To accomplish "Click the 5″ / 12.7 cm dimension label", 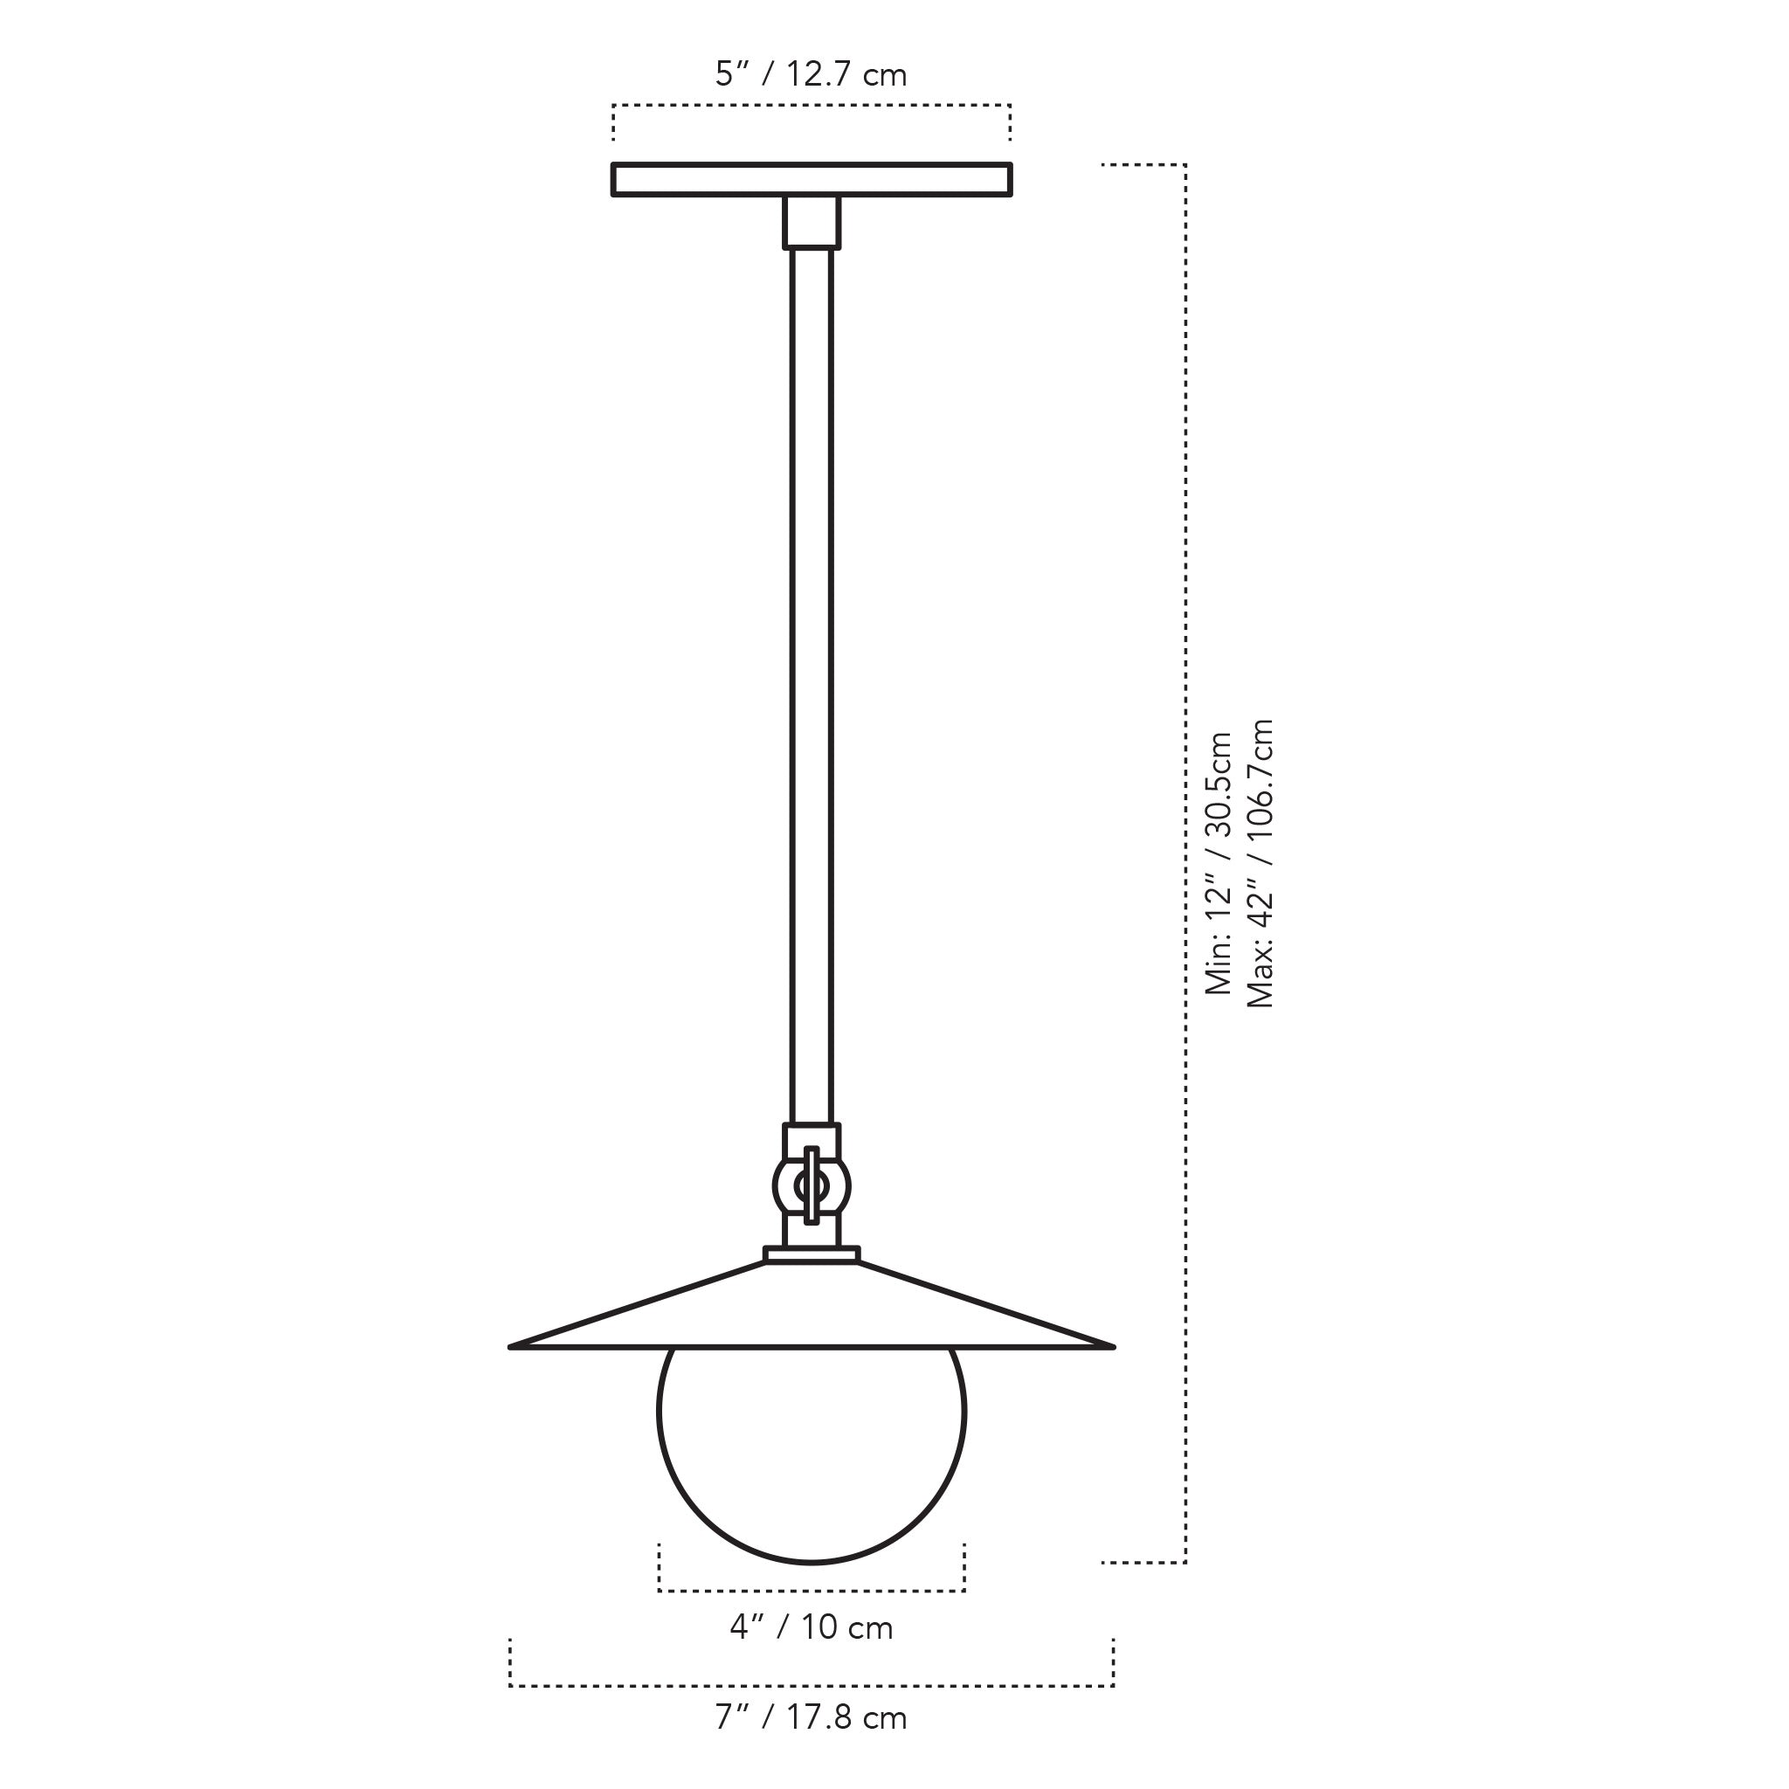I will (x=811, y=74).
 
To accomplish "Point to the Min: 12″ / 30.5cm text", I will (x=1219, y=863).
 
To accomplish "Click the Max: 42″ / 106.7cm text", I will (x=1261, y=863).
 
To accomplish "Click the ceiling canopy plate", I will (x=812, y=180).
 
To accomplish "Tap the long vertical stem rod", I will (x=812, y=685).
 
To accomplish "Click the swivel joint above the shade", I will (x=812, y=1186).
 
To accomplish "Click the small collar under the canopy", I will (x=812, y=222).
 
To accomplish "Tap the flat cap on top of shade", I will (x=812, y=1254).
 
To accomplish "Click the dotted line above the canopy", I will (x=812, y=106).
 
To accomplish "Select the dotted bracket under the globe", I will (x=812, y=1591).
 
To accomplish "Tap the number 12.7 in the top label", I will (x=819, y=74).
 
